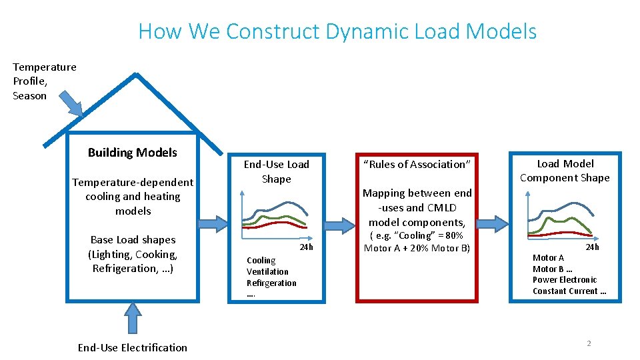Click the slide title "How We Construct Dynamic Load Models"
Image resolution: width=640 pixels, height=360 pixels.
pos(337,31)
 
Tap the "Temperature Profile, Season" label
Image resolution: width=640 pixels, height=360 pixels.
pos(44,81)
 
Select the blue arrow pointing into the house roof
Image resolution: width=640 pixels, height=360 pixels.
pos(71,103)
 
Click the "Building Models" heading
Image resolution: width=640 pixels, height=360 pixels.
pos(133,153)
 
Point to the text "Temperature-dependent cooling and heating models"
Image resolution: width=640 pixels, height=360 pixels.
pos(133,196)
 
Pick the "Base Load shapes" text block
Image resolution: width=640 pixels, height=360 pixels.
pos(133,254)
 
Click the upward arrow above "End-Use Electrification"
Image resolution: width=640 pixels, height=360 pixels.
pos(133,317)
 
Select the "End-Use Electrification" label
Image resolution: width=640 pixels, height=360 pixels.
pos(133,347)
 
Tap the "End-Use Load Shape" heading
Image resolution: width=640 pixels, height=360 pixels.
pos(276,171)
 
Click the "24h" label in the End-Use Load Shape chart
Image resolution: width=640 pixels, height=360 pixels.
pos(306,247)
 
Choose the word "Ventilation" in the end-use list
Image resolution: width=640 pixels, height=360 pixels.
pos(267,271)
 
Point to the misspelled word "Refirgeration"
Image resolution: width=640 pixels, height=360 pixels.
pos(271,283)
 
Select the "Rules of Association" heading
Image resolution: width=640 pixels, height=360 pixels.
pos(417,164)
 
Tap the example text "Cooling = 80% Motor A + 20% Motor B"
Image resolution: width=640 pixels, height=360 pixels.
pos(417,242)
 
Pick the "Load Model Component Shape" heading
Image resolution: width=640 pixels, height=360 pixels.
pos(565,171)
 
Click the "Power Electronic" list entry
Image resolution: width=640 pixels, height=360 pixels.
pos(565,279)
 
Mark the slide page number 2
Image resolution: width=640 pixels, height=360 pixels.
pos(589,343)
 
